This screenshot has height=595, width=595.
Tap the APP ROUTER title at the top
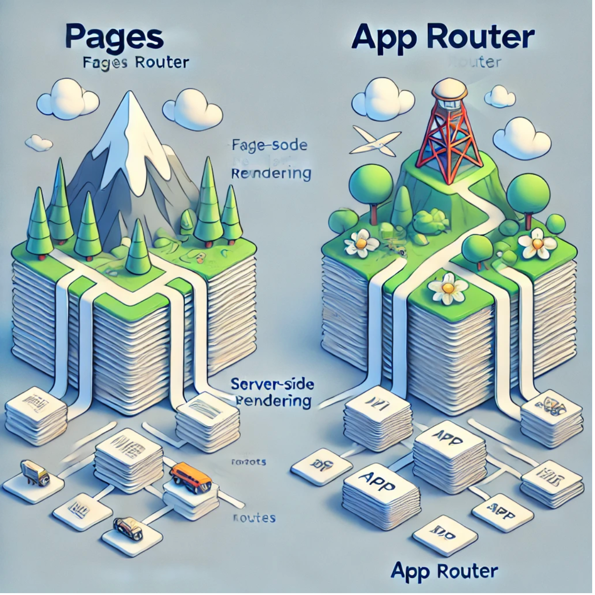pos(443,37)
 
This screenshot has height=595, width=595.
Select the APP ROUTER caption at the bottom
pos(444,571)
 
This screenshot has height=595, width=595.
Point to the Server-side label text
pos(273,385)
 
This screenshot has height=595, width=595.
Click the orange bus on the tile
pos(190,476)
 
